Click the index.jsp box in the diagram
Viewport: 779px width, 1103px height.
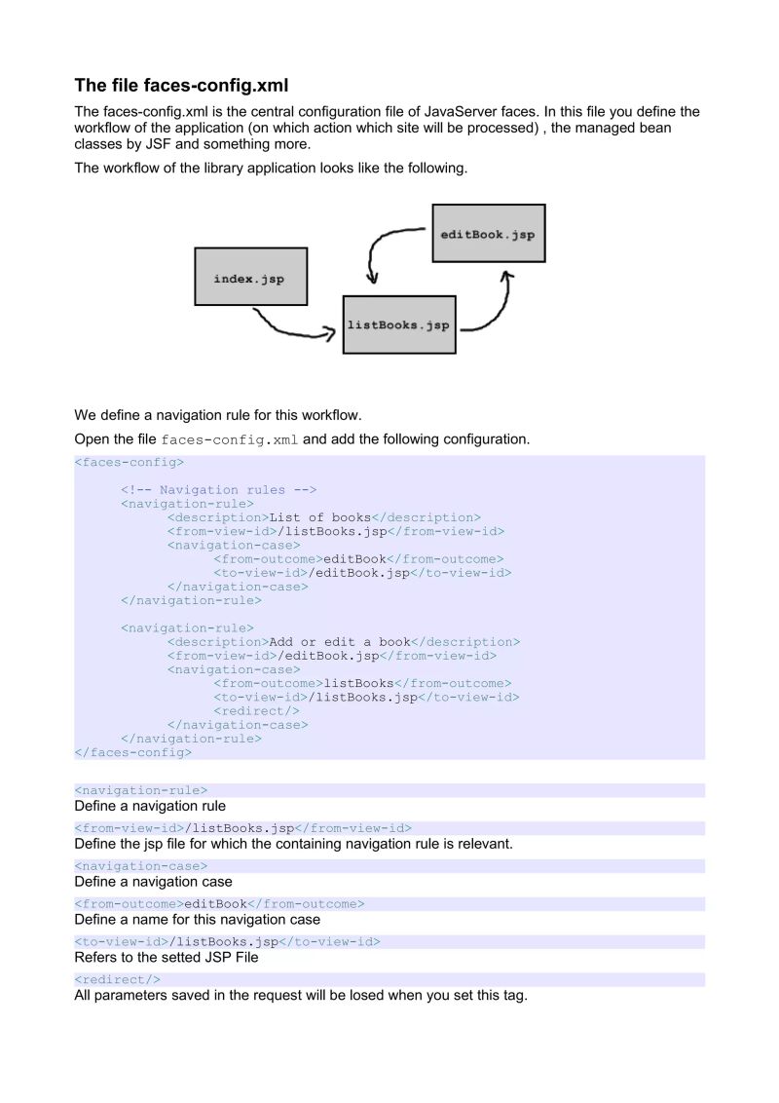pyautogui.click(x=250, y=279)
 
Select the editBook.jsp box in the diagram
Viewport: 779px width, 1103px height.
pyautogui.click(x=488, y=234)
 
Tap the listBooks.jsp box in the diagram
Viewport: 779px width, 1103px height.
pyautogui.click(x=398, y=324)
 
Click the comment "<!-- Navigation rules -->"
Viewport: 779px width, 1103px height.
pyautogui.click(x=219, y=490)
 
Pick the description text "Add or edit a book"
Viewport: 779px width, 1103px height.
pyautogui.click(x=340, y=642)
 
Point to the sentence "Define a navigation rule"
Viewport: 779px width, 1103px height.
pyautogui.click(x=150, y=806)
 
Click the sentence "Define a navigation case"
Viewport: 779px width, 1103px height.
pyautogui.click(x=153, y=882)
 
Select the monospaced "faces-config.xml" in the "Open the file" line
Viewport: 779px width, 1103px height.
pyautogui.click(x=230, y=440)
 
